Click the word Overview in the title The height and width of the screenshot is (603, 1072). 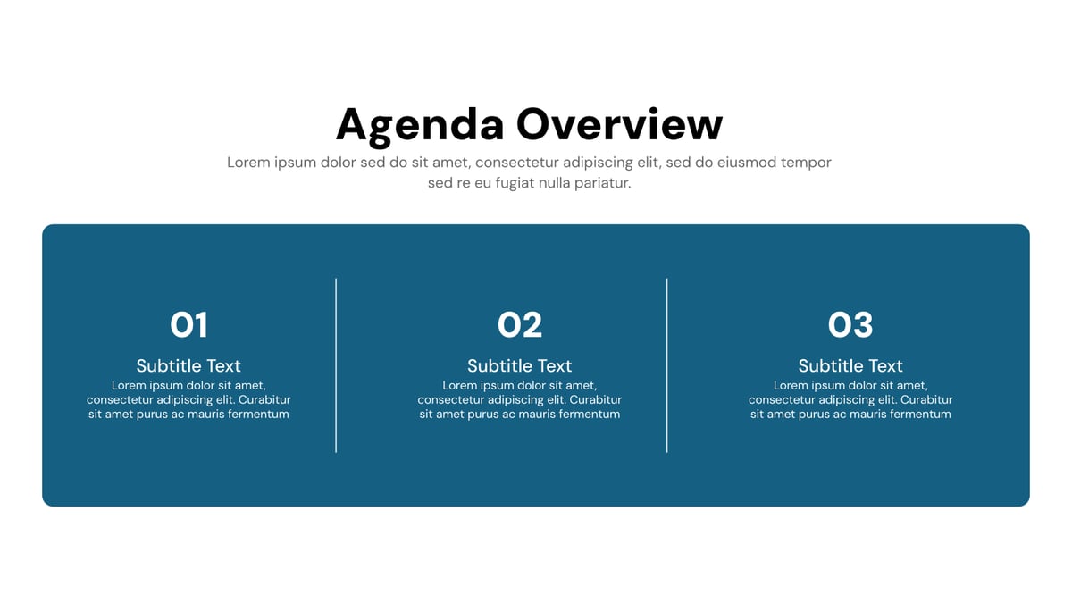[619, 123]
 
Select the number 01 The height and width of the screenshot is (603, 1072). [188, 325]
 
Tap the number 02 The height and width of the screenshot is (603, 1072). [520, 325]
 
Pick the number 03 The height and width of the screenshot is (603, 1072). [850, 325]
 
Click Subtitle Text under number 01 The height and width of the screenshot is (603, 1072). [188, 365]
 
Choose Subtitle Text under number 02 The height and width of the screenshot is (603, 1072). [520, 365]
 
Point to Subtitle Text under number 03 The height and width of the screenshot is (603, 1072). [850, 365]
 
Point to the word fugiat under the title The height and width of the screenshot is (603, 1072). [508, 183]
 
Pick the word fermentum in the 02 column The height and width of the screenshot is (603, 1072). [590, 415]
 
